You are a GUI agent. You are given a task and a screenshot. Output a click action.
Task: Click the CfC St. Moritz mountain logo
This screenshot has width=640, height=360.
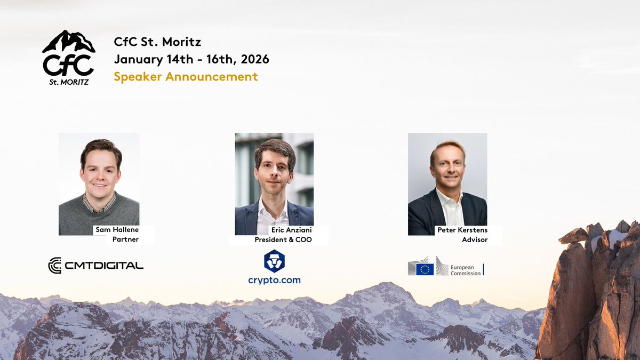(68, 57)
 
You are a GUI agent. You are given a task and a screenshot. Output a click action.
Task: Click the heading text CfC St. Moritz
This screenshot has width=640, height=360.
(157, 42)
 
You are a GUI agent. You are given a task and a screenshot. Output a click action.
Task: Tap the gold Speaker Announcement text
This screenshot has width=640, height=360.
(186, 76)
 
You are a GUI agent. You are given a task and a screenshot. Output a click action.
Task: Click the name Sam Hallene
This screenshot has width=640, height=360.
(116, 230)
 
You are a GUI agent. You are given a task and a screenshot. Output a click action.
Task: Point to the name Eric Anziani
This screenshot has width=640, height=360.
(291, 230)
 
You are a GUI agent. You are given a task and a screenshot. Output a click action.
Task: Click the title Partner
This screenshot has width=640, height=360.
(125, 239)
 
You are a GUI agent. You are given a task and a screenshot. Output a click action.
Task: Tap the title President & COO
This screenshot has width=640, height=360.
(283, 239)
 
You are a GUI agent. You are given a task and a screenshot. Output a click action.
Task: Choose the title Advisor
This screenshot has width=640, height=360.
(475, 239)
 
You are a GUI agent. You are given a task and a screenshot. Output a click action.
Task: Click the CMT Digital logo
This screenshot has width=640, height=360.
(96, 265)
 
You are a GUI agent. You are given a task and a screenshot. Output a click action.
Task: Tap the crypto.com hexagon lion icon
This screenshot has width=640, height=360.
(274, 261)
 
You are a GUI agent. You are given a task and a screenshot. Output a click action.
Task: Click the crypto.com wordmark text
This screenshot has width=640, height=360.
(274, 280)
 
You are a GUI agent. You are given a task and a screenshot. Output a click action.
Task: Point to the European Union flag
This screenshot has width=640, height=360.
(425, 269)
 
